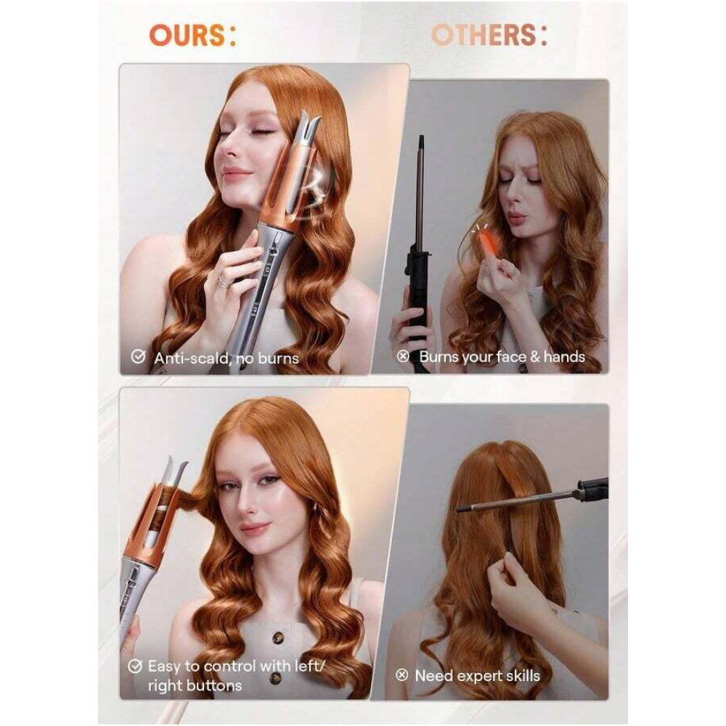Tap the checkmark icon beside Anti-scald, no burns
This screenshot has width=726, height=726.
pyautogui.click(x=137, y=356)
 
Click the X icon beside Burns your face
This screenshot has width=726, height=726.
pyautogui.click(x=403, y=356)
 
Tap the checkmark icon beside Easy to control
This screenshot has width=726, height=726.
pyautogui.click(x=134, y=665)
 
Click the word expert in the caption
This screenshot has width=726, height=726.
pyautogui.click(x=477, y=675)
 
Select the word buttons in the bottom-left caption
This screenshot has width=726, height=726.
pyautogui.click(x=206, y=685)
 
